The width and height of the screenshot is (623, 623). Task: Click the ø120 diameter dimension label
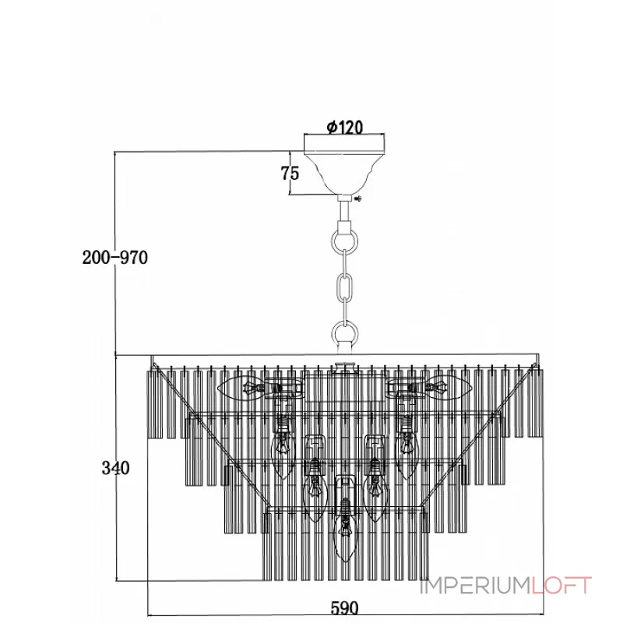(344, 127)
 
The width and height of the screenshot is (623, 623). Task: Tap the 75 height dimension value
(290, 173)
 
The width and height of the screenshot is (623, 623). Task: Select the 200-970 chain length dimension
(114, 258)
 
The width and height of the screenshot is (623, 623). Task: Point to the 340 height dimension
(115, 468)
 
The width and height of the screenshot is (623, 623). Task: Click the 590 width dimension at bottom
(344, 608)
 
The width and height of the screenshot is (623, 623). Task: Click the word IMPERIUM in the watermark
(476, 586)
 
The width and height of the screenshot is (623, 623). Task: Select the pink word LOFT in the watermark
(562, 586)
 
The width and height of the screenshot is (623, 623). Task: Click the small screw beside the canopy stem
(358, 199)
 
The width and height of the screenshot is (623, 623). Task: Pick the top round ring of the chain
(344, 241)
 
